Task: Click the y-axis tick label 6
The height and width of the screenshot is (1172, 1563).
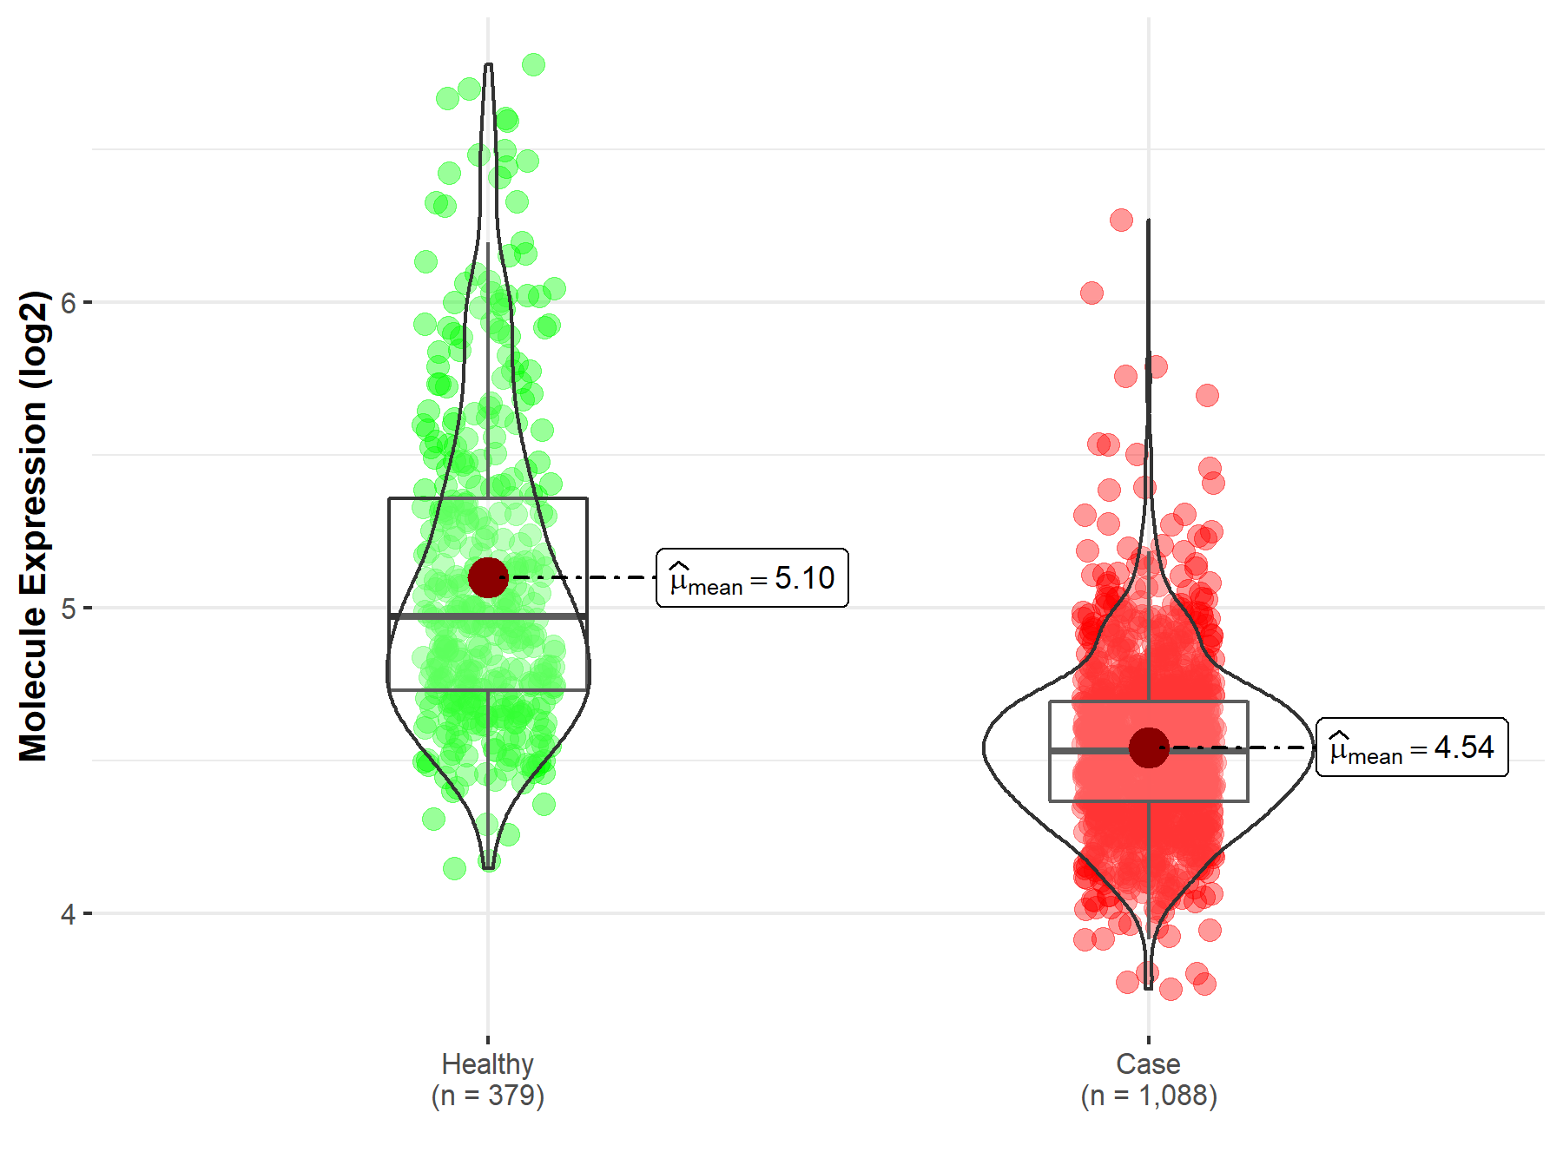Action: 69,303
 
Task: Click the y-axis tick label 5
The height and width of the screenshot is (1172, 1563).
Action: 69,608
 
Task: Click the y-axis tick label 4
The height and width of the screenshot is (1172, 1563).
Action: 69,914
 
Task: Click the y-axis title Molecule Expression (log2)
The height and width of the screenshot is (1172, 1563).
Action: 33,525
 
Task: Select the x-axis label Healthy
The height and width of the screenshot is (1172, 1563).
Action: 487,1063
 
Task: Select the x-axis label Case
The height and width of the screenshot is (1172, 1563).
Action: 1148,1063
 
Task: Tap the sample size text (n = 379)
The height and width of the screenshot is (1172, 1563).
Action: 487,1096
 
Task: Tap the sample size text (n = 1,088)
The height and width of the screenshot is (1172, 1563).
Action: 1148,1096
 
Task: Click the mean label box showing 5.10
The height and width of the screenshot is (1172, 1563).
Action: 752,578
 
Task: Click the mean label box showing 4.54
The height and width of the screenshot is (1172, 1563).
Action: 1412,747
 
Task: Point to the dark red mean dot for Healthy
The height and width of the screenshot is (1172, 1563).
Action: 487,577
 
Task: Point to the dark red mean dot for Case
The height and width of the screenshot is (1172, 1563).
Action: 1149,747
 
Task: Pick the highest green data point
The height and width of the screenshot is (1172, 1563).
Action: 533,65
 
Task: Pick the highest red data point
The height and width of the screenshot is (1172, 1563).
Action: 1121,220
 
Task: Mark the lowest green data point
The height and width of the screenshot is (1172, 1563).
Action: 454,868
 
